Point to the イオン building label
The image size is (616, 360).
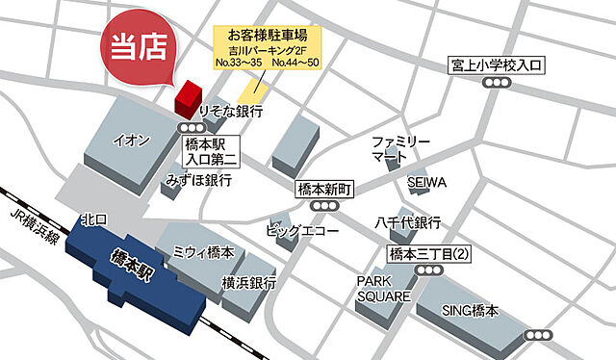132,141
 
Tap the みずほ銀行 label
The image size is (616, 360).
198,180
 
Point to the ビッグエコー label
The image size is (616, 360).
302,231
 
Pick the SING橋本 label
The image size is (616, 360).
471,311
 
